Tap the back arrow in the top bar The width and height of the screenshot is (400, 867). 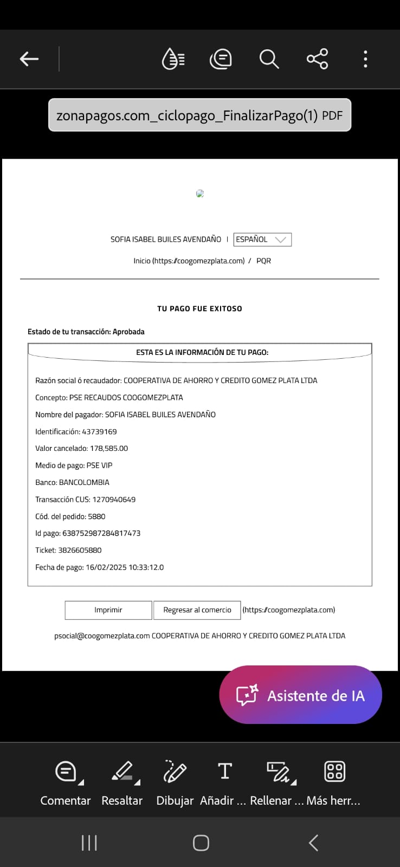click(29, 59)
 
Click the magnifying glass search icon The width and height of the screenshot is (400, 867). click(269, 59)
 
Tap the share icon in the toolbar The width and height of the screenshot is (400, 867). click(317, 59)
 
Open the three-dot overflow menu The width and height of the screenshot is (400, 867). click(365, 59)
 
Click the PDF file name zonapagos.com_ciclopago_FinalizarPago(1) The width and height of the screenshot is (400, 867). click(187, 115)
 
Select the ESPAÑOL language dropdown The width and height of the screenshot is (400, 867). click(262, 240)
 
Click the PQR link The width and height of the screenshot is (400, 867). click(263, 261)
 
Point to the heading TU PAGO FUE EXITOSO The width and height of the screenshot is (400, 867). click(199, 308)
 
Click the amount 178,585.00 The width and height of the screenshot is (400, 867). click(109, 448)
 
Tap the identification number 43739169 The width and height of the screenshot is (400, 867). click(99, 432)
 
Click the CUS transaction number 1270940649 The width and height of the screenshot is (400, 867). click(114, 500)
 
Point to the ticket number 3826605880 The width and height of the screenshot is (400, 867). click(80, 550)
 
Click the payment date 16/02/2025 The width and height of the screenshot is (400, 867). click(106, 567)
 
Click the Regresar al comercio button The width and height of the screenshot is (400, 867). click(197, 610)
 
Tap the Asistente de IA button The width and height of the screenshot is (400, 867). click(300, 695)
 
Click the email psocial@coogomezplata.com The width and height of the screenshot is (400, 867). click(102, 636)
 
